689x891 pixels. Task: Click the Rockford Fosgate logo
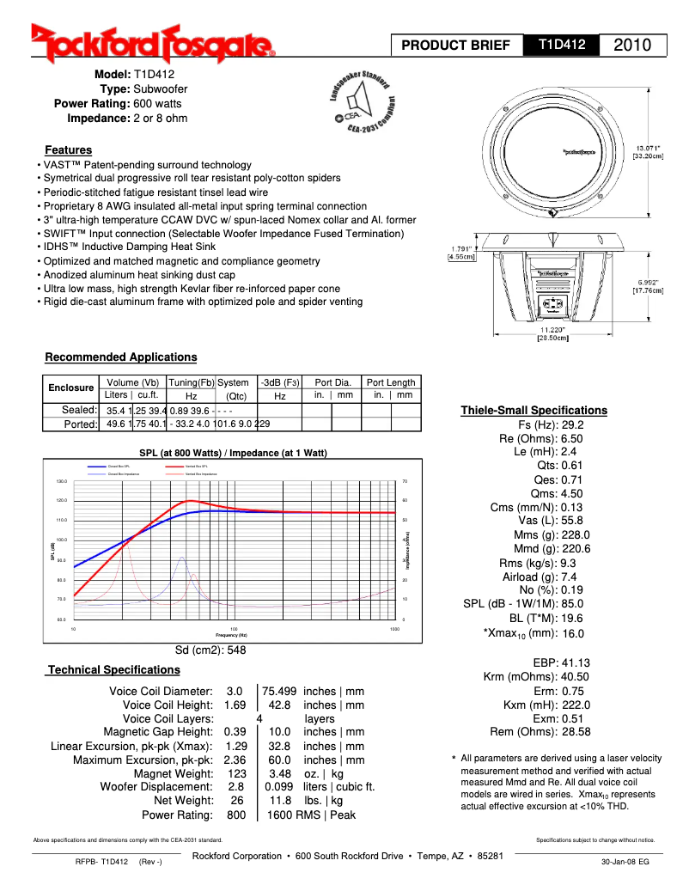(153, 42)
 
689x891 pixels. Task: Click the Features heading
(69, 150)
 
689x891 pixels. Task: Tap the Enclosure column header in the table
(70, 388)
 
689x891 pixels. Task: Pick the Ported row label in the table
(81, 424)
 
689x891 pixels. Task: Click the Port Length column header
(392, 382)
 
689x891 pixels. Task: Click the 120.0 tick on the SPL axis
(61, 500)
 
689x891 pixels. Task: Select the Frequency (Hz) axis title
(233, 634)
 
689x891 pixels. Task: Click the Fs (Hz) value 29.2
(572, 425)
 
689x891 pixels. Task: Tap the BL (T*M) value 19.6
(572, 618)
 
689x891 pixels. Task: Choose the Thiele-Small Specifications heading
(534, 410)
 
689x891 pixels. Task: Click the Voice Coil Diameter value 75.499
(279, 691)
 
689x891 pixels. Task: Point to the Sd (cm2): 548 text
(210, 650)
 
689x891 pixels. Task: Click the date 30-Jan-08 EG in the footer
(625, 861)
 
